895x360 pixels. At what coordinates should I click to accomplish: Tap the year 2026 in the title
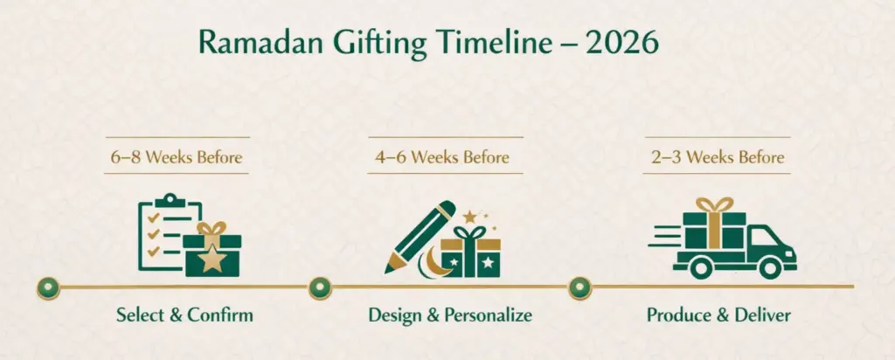point(622,44)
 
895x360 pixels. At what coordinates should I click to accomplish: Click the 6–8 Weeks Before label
point(177,157)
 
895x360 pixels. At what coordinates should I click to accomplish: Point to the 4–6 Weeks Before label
point(443,157)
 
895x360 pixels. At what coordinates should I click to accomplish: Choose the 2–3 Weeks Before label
point(718,157)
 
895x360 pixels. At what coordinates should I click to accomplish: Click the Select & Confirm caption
point(184,315)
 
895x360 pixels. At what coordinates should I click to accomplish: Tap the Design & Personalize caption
point(450,315)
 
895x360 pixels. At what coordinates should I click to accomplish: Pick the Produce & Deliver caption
point(718,315)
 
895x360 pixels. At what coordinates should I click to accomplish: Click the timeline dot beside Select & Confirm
point(49,287)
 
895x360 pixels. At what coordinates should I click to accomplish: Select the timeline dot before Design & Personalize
point(320,287)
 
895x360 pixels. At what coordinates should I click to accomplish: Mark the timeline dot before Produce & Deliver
point(580,287)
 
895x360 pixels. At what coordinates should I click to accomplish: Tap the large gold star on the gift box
point(212,260)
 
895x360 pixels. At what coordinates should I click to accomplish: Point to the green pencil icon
point(420,237)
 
